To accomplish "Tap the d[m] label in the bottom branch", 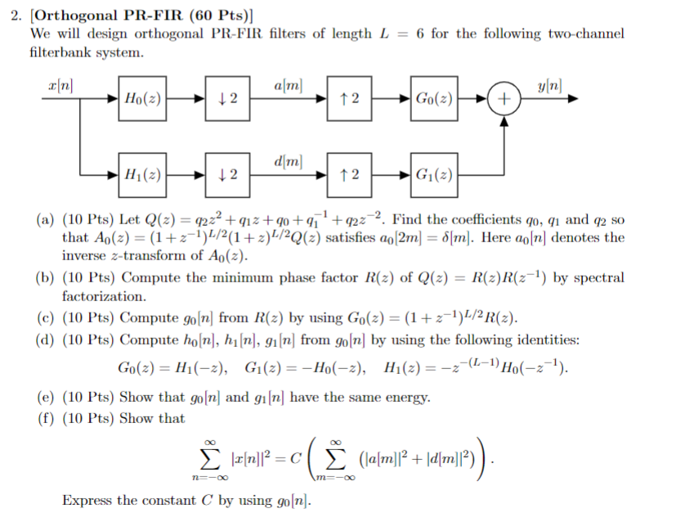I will coord(288,160).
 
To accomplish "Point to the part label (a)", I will coord(46,220).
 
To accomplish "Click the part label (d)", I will coord(46,339).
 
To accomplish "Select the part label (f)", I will coord(46,418).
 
